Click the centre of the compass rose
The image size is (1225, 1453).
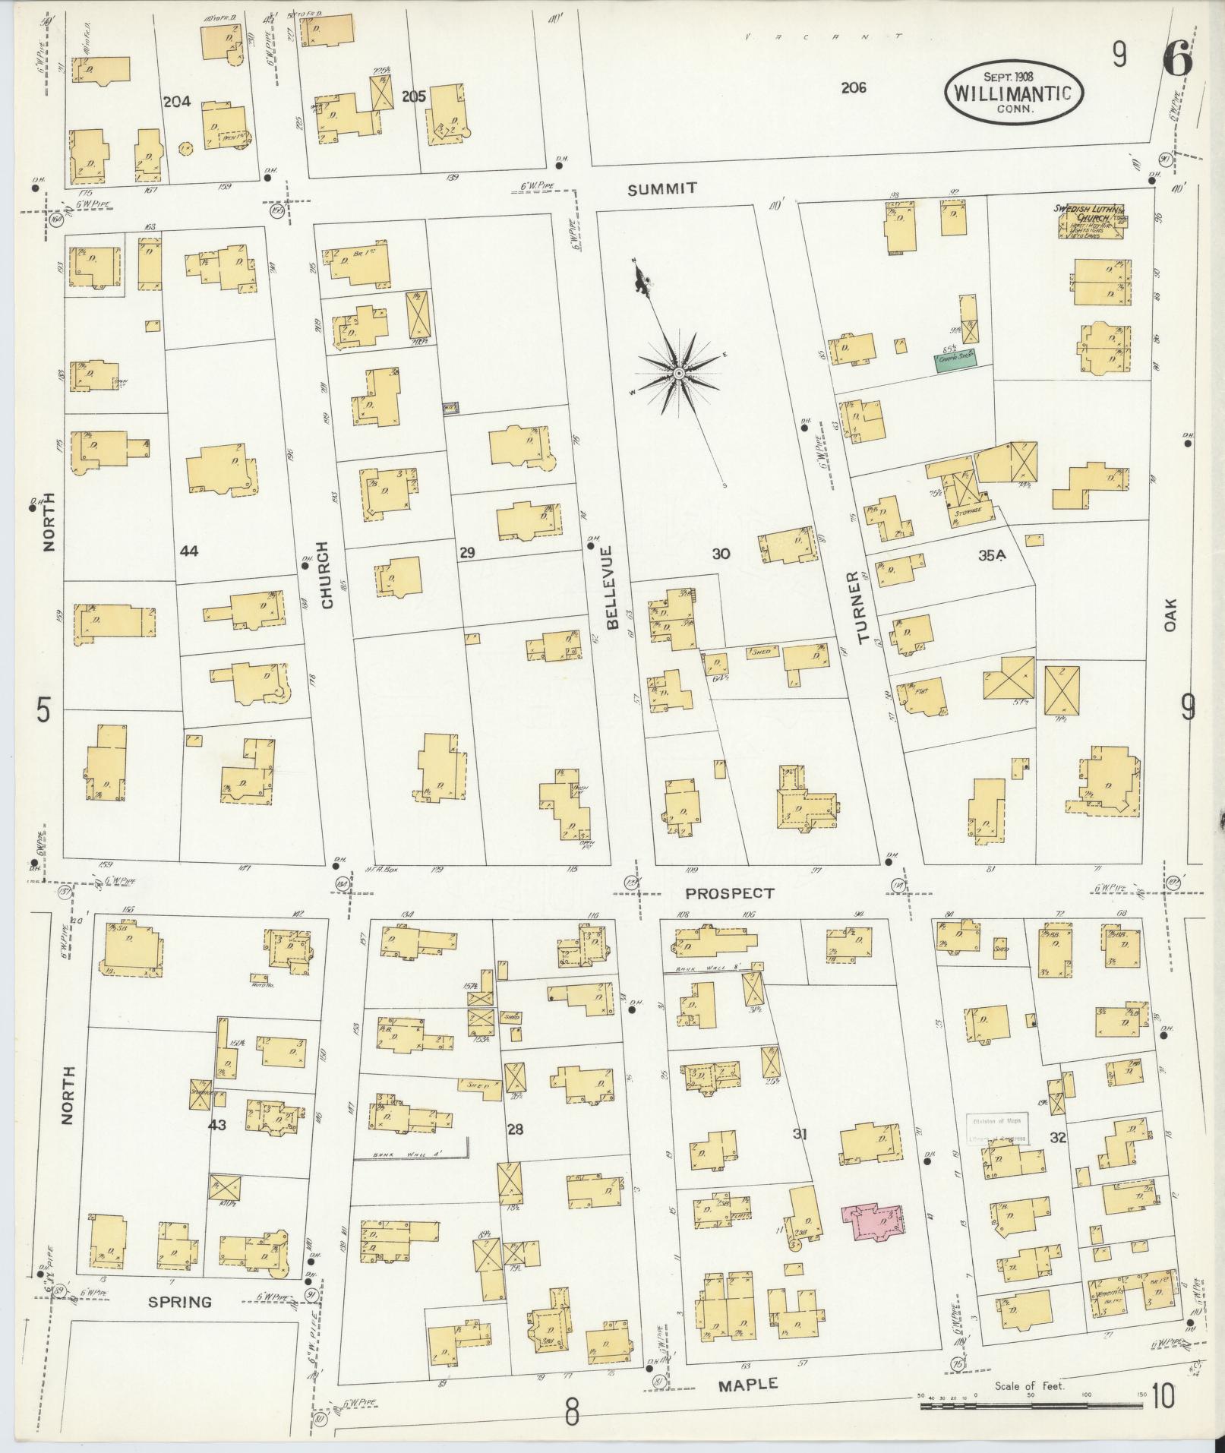click(x=678, y=373)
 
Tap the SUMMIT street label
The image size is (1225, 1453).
click(x=662, y=188)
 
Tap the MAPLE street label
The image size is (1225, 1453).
click(x=747, y=1384)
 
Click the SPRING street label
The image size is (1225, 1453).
click(x=179, y=1302)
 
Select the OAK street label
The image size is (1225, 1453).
click(x=1170, y=614)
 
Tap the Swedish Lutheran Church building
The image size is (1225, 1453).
click(x=1090, y=223)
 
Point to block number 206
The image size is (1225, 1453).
click(x=854, y=88)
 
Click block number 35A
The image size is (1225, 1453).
click(x=992, y=555)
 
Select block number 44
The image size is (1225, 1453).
click(x=188, y=551)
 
